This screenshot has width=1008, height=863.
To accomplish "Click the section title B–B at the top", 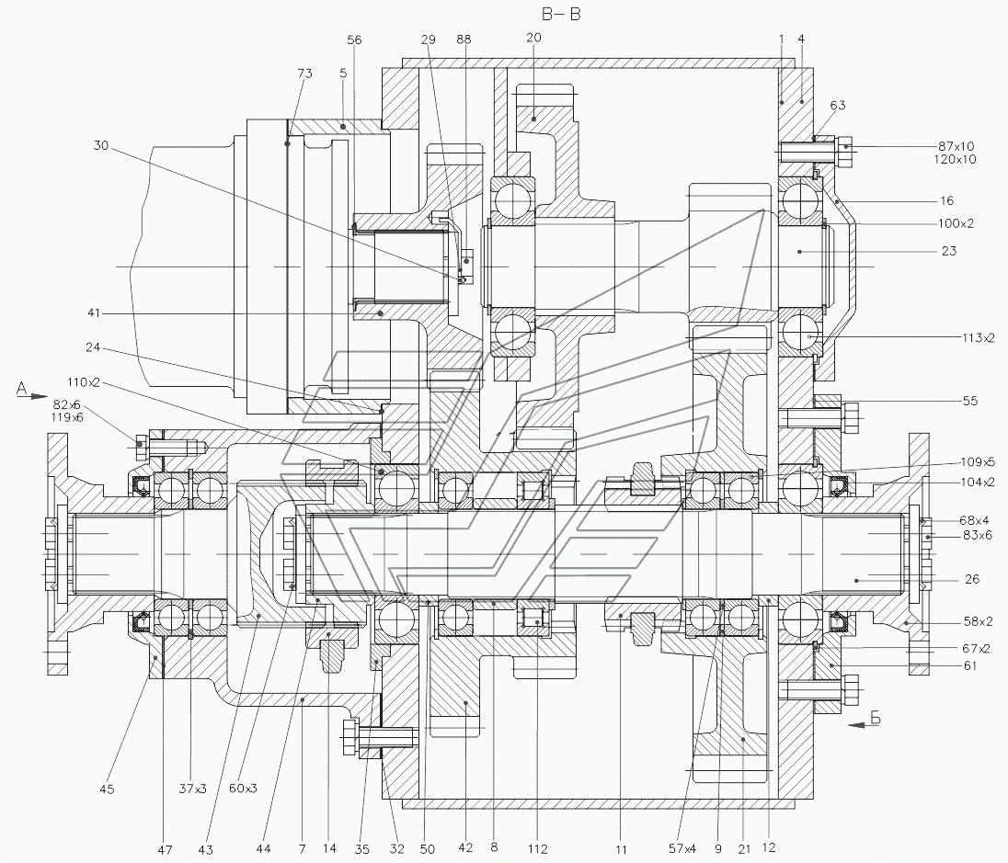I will click(x=563, y=14).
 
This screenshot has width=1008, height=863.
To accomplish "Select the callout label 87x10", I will click(x=957, y=146).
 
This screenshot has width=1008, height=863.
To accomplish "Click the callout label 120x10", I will click(x=957, y=159).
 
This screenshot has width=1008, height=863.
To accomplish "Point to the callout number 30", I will click(x=101, y=144).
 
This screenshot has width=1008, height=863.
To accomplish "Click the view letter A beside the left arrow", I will click(x=19, y=389).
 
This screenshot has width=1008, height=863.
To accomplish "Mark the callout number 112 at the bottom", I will click(x=538, y=848).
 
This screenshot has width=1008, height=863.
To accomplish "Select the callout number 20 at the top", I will click(x=534, y=38).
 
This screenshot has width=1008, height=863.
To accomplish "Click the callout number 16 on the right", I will click(x=946, y=200).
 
